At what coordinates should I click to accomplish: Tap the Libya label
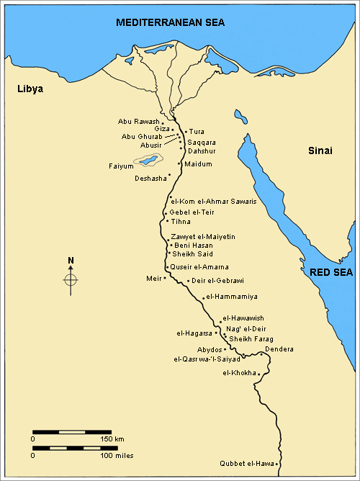pos(31,89)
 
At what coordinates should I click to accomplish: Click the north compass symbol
pos(71,279)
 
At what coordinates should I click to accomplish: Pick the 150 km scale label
pos(112,439)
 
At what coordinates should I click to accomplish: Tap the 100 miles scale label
pos(117,455)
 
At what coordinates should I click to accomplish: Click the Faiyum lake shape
pos(149,159)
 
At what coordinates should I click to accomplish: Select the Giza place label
pos(162,129)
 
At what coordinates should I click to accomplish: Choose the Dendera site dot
pos(261,355)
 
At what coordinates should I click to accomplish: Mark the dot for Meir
pos(165,277)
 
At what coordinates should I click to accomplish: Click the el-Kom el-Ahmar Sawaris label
pos(212,201)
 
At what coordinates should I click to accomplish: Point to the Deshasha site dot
pos(168,175)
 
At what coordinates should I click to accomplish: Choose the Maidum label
pos(199,164)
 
